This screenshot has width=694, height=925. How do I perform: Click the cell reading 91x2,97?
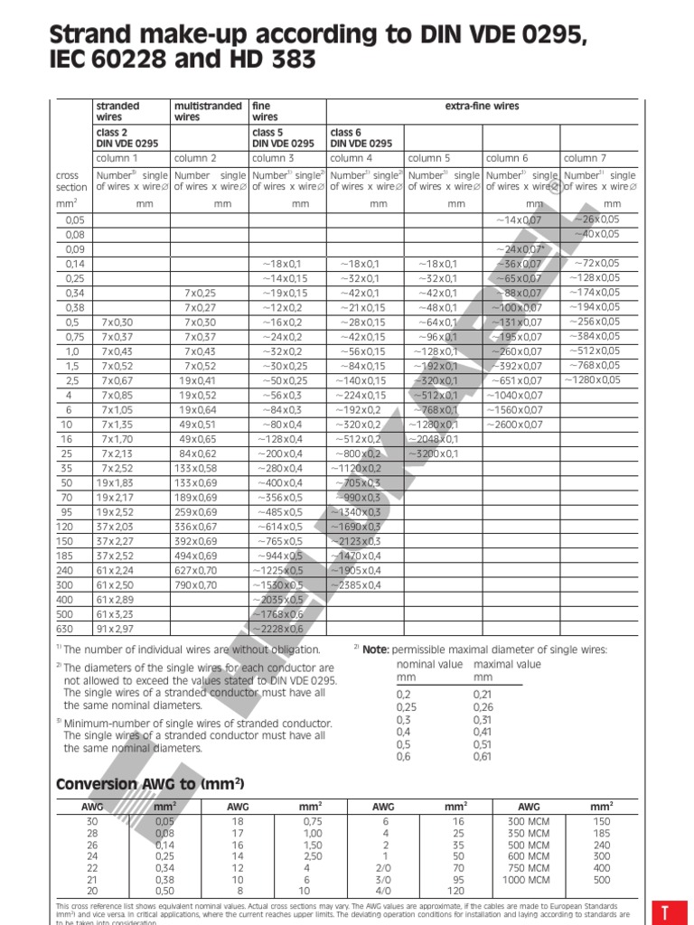click(117, 629)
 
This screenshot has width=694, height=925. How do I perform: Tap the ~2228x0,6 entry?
click(279, 629)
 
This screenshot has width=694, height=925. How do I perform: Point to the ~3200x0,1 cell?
click(434, 453)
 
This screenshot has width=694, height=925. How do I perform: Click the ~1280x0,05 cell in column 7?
click(593, 380)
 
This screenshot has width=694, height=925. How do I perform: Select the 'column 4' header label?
click(351, 158)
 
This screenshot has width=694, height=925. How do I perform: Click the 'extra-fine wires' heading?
click(483, 107)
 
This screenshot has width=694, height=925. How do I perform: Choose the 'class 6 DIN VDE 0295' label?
click(361, 137)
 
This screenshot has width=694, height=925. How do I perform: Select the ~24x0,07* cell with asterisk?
click(520, 248)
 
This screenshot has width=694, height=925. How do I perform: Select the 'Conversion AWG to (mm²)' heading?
click(150, 783)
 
